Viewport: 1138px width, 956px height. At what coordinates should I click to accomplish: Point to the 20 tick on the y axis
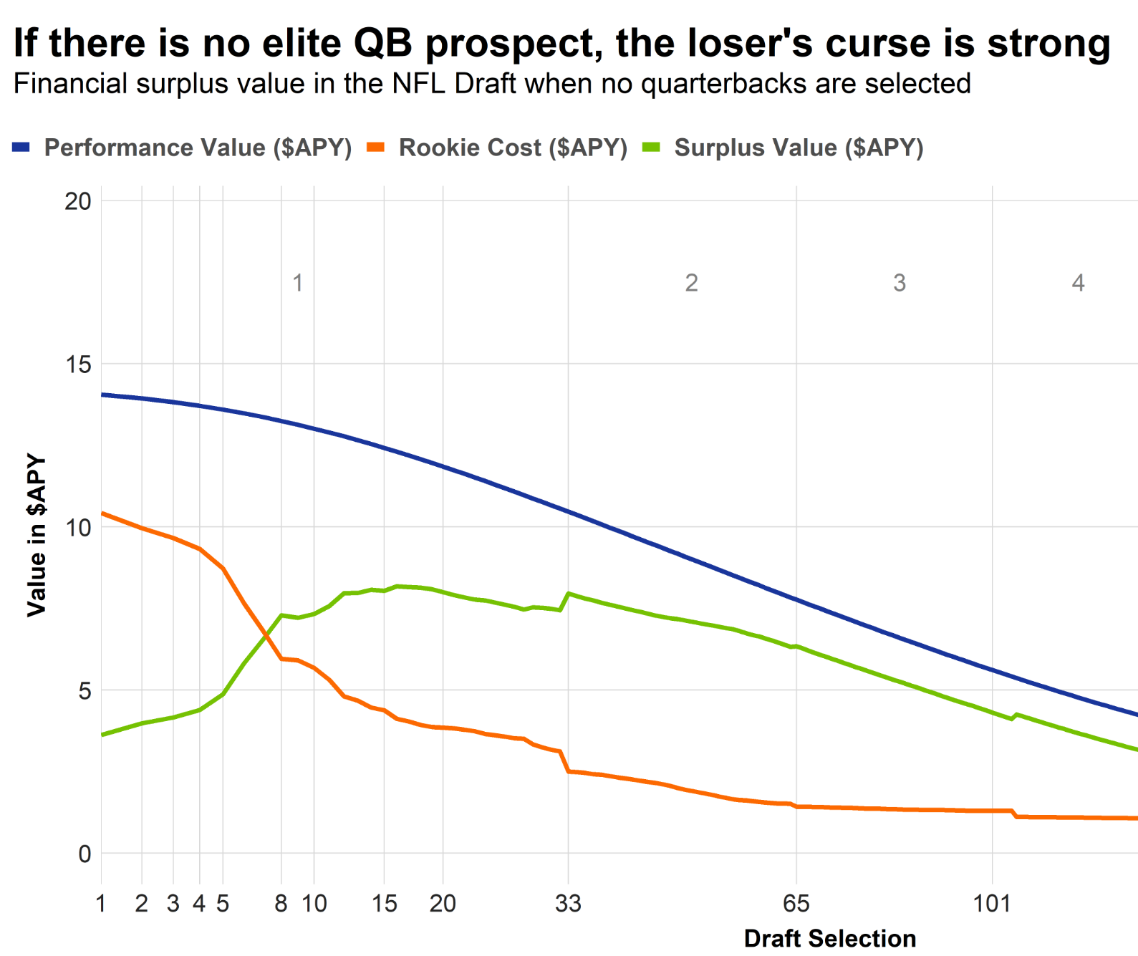click(78, 201)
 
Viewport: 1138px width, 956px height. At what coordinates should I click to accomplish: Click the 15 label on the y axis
click(78, 364)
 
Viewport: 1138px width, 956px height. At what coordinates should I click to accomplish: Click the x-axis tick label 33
click(568, 904)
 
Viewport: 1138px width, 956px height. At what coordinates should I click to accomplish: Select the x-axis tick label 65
click(796, 904)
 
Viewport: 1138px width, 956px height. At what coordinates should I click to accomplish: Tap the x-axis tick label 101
click(992, 904)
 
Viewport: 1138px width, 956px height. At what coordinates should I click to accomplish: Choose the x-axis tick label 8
click(281, 904)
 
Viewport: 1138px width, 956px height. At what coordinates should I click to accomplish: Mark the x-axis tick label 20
click(443, 904)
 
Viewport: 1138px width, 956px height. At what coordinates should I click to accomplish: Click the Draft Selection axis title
click(829, 938)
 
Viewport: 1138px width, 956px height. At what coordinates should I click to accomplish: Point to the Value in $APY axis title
click(36, 535)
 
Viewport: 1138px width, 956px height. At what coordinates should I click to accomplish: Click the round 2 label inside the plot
click(691, 283)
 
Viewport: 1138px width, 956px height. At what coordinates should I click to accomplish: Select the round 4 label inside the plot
click(1078, 283)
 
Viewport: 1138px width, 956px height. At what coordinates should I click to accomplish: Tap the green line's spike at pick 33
click(569, 593)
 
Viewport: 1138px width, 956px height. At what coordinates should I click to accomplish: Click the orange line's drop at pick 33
click(566, 761)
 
